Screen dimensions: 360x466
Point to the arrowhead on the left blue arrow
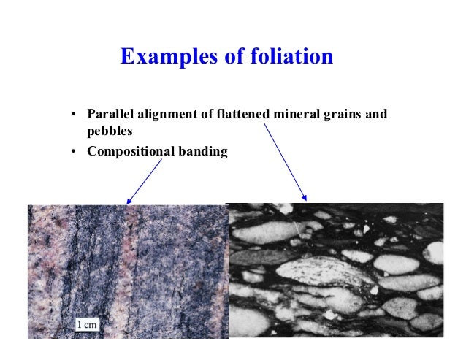pyautogui.click(x=129, y=202)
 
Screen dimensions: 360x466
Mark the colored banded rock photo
pyautogui.click(x=127, y=271)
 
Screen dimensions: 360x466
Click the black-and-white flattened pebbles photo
pyautogui.click(x=336, y=269)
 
